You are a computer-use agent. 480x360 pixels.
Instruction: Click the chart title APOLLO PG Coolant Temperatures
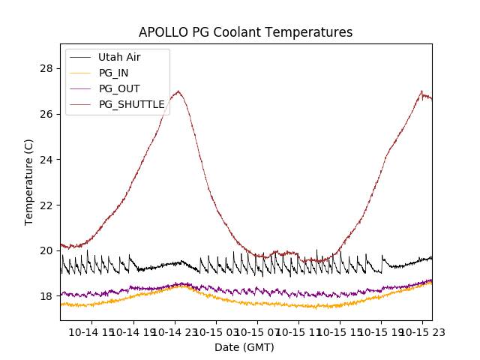click(x=245, y=32)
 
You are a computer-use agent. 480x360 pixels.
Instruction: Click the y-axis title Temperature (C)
click(x=29, y=182)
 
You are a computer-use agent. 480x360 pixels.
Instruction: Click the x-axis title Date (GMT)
click(x=244, y=347)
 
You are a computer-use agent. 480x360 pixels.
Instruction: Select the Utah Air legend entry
click(x=119, y=57)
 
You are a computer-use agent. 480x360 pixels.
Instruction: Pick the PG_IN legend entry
click(x=113, y=73)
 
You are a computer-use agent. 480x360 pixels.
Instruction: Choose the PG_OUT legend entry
click(x=119, y=88)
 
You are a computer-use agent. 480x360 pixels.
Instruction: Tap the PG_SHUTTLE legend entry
click(x=131, y=104)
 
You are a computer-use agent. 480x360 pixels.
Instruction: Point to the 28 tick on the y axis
click(x=46, y=68)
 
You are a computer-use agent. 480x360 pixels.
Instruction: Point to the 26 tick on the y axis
click(x=46, y=114)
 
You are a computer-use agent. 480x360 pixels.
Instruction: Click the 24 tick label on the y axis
click(x=46, y=160)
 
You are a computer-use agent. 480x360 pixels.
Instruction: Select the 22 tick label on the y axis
click(x=46, y=205)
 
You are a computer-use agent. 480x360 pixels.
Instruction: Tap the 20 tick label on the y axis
click(x=46, y=250)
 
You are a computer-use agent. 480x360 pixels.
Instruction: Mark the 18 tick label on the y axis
click(x=46, y=296)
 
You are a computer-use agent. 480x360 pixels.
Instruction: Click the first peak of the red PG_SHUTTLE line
click(x=178, y=91)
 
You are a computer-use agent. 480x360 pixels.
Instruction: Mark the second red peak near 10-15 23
click(x=421, y=91)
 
